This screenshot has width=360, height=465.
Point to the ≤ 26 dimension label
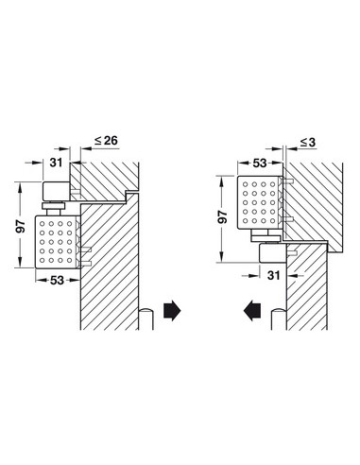point(105,141)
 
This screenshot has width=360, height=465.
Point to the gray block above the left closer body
point(56,194)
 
